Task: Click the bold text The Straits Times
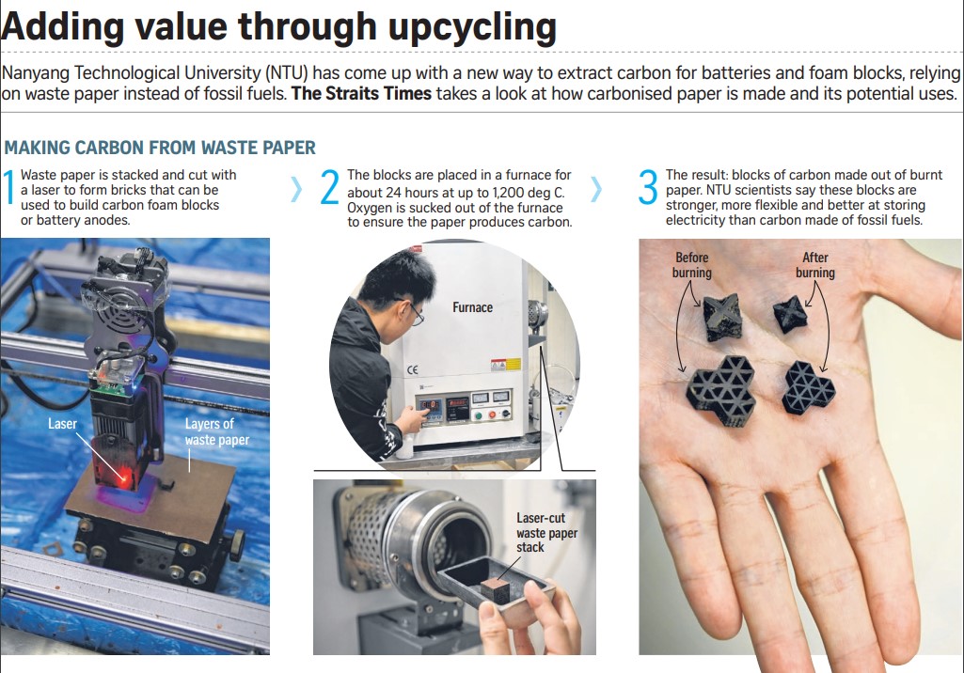pyautogui.click(x=361, y=93)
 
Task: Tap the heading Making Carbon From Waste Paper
pyautogui.click(x=160, y=148)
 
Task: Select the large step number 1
pyautogui.click(x=8, y=187)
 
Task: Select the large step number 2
pyautogui.click(x=329, y=187)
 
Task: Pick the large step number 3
pyautogui.click(x=648, y=187)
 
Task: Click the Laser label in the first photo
pyautogui.click(x=62, y=424)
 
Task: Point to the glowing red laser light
pyautogui.click(x=125, y=477)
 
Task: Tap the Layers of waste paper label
pyautogui.click(x=217, y=431)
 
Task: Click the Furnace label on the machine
pyautogui.click(x=472, y=307)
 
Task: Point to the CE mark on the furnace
pyautogui.click(x=413, y=369)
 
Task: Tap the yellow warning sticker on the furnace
pyautogui.click(x=505, y=365)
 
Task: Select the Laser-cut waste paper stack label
pyautogui.click(x=546, y=533)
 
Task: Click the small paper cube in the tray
pyautogui.click(x=494, y=590)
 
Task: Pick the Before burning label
pyautogui.click(x=691, y=265)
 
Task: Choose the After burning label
pyautogui.click(x=815, y=265)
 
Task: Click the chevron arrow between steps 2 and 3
pyautogui.click(x=595, y=189)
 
